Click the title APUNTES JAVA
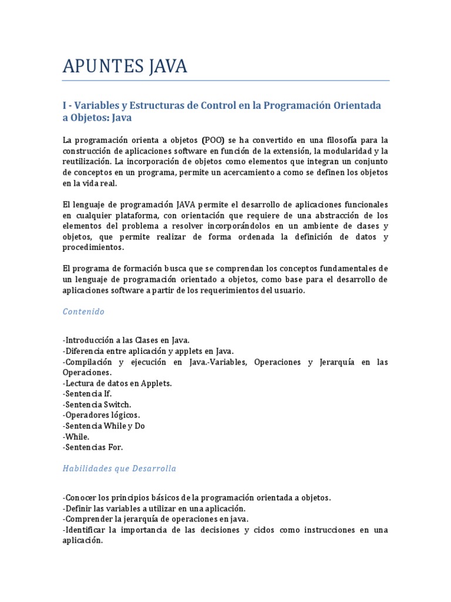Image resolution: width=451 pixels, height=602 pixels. coord(125,66)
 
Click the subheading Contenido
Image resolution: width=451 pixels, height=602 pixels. coord(83,312)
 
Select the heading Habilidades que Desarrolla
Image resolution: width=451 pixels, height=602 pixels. coord(119,469)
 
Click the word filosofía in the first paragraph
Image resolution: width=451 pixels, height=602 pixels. coord(330,140)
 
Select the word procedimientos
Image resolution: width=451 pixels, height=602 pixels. coord(93,248)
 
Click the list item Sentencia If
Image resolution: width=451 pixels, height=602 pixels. coord(87,394)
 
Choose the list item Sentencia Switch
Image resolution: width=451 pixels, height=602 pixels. coord(97,404)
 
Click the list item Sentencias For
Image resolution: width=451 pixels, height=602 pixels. coord(93,447)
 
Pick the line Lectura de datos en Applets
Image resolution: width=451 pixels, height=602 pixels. coord(117,383)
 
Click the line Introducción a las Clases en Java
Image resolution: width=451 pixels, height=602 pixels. coord(126,340)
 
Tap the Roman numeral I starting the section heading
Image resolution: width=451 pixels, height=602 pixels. coord(65,105)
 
